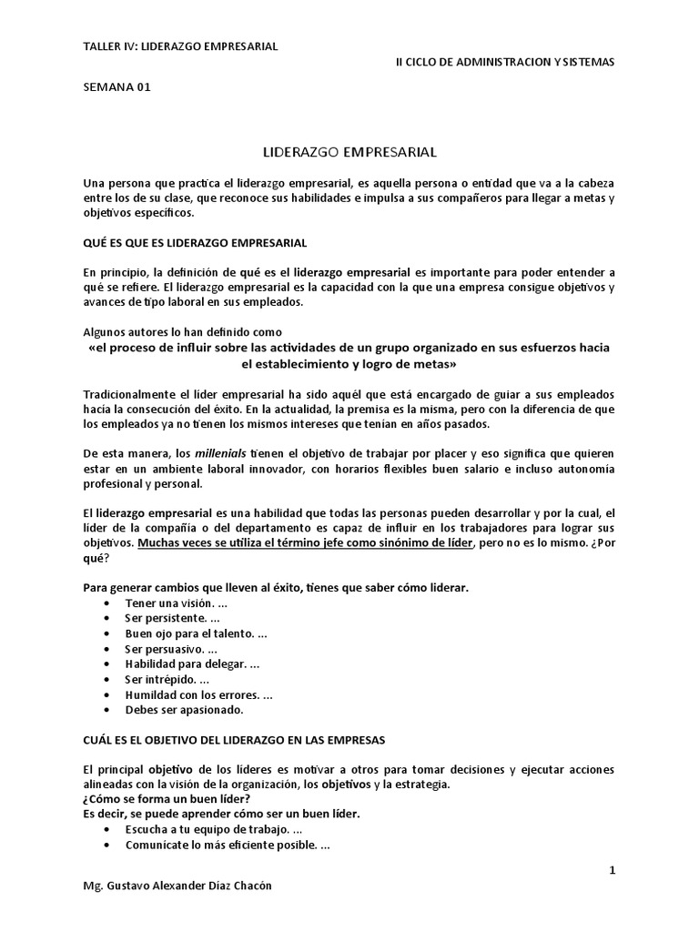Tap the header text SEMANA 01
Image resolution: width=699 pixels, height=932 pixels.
(x=116, y=87)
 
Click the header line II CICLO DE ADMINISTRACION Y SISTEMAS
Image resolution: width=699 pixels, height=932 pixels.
(x=505, y=62)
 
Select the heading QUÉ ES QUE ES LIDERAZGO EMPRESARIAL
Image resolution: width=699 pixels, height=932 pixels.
(x=195, y=243)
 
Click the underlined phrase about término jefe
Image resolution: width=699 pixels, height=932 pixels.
(x=305, y=542)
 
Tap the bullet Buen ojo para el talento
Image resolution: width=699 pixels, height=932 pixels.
(x=196, y=633)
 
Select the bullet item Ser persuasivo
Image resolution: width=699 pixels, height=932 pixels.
(x=171, y=648)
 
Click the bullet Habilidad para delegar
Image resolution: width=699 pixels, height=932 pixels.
(x=192, y=664)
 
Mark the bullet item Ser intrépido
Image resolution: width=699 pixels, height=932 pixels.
(x=167, y=679)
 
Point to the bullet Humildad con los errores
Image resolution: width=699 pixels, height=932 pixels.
(x=198, y=694)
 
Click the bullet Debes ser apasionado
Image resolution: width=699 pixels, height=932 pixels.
(x=185, y=709)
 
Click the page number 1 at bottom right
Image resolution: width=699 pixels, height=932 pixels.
(x=613, y=870)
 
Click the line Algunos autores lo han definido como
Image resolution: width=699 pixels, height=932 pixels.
(x=183, y=332)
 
